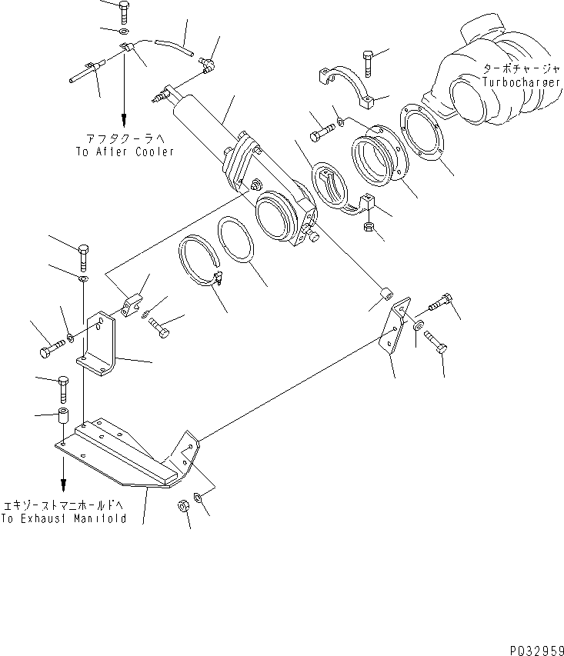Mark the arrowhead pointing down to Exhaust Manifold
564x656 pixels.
pyautogui.click(x=63, y=486)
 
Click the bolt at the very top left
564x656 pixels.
pyautogui.click(x=123, y=11)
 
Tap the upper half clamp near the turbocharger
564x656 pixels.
pyautogui.click(x=345, y=85)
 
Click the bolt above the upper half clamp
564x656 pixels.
pyautogui.click(x=367, y=61)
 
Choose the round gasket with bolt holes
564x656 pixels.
pyautogui.click(x=425, y=137)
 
